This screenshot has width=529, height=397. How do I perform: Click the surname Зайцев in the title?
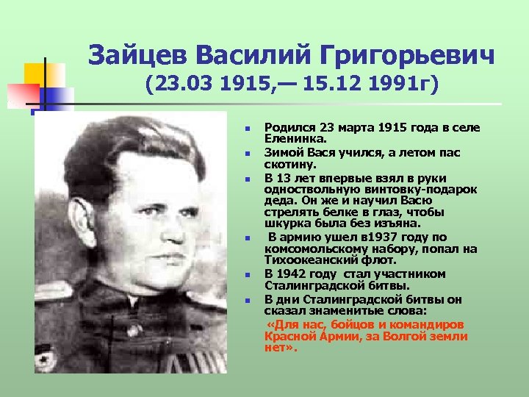[x=137, y=56]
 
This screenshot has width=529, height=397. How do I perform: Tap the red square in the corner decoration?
[x=23, y=94]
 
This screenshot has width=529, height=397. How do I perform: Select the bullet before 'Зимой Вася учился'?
[x=249, y=154]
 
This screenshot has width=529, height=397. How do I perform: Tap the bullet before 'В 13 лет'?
[x=249, y=179]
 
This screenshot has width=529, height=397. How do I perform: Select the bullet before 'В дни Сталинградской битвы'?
[x=249, y=300]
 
